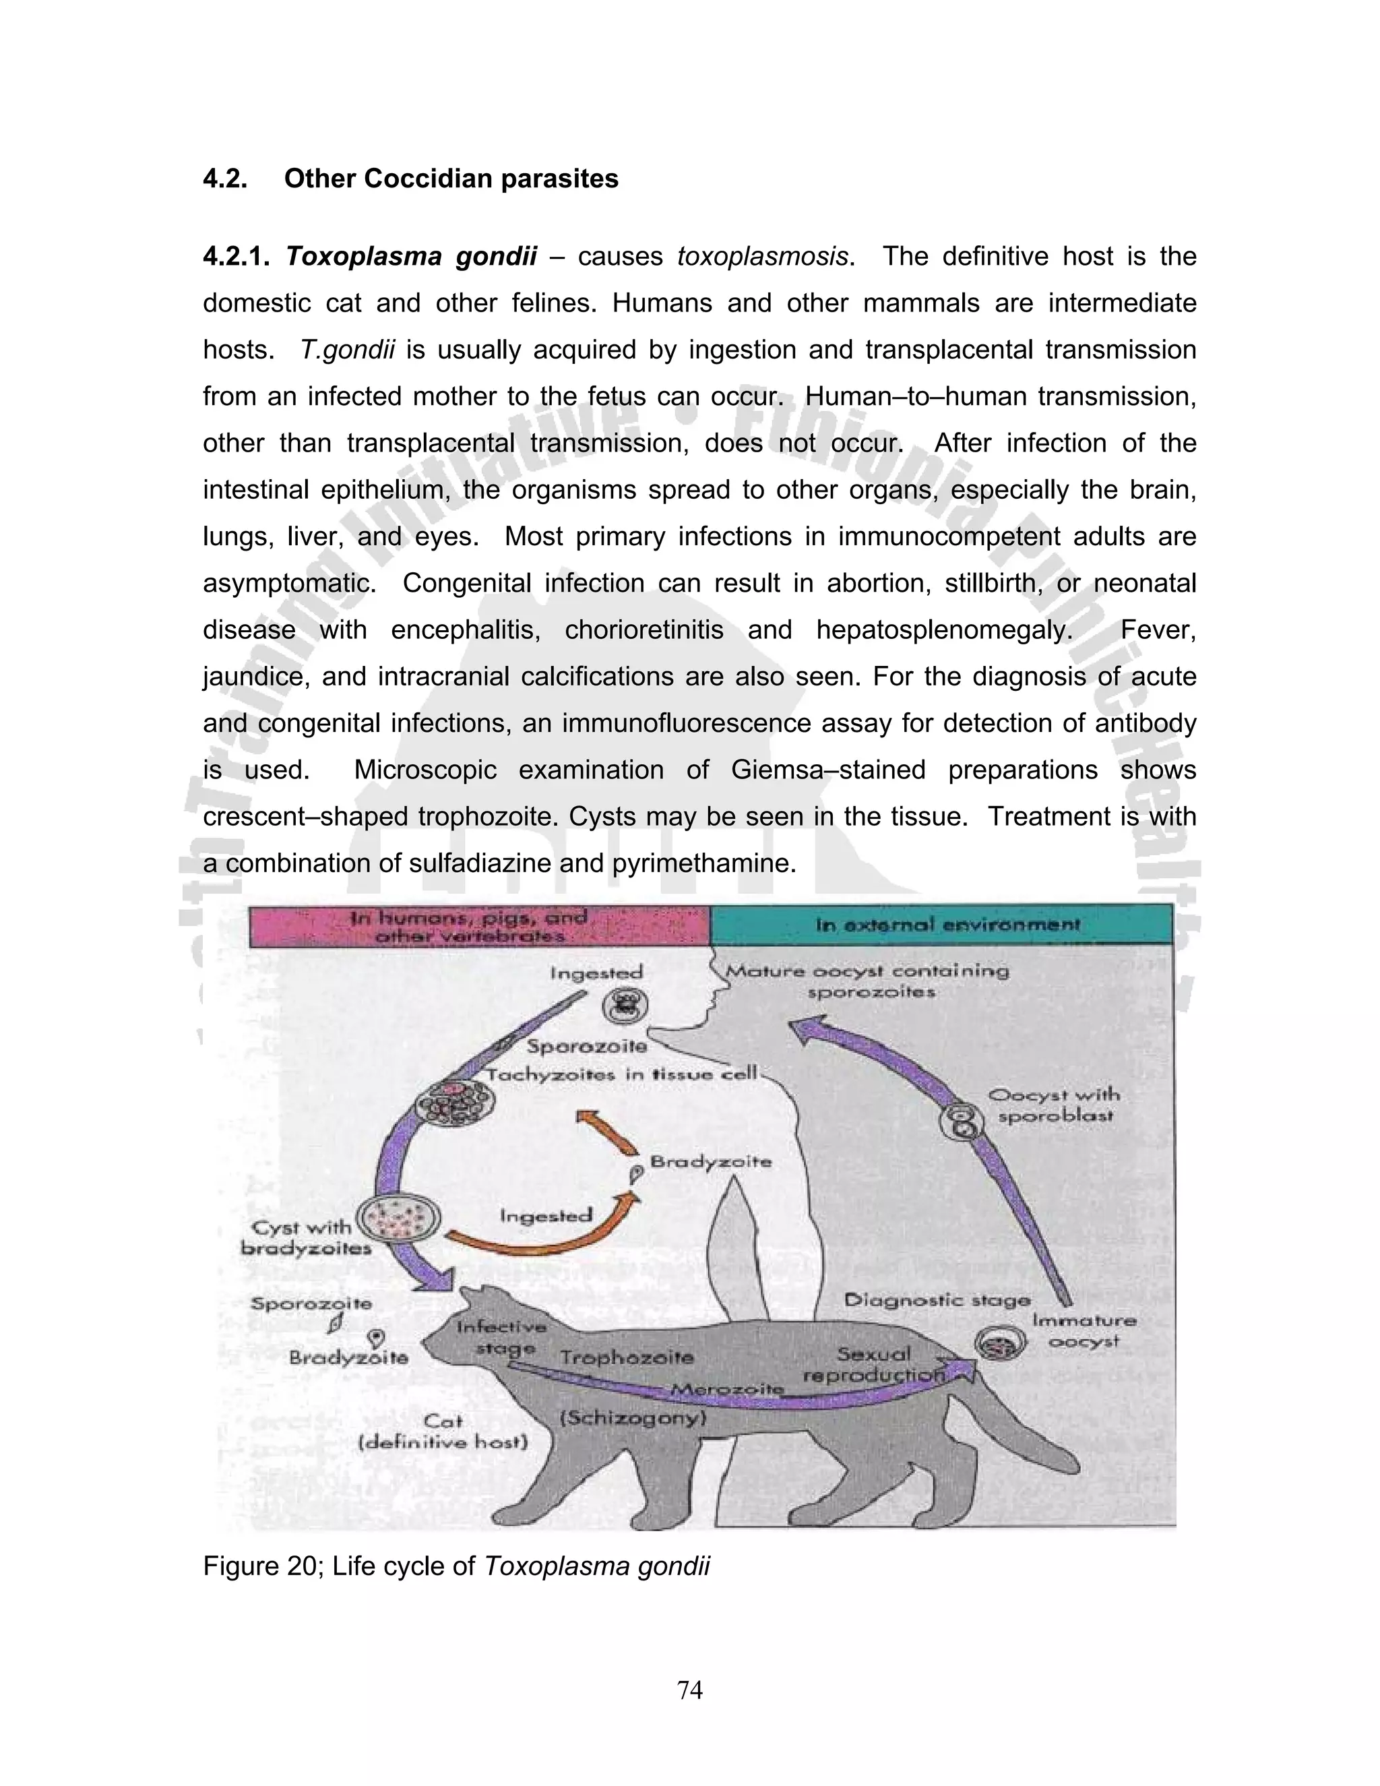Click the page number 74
tap(690, 1690)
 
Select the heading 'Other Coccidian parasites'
tap(451, 179)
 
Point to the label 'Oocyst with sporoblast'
tap(1054, 1105)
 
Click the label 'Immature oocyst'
tap(1084, 1330)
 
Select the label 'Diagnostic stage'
tap(937, 1299)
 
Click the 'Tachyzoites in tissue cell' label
tap(621, 1074)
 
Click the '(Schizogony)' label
tap(632, 1417)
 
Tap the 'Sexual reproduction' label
tap(873, 1365)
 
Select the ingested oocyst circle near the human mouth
tap(625, 1005)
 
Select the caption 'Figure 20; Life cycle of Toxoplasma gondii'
tap(456, 1566)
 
